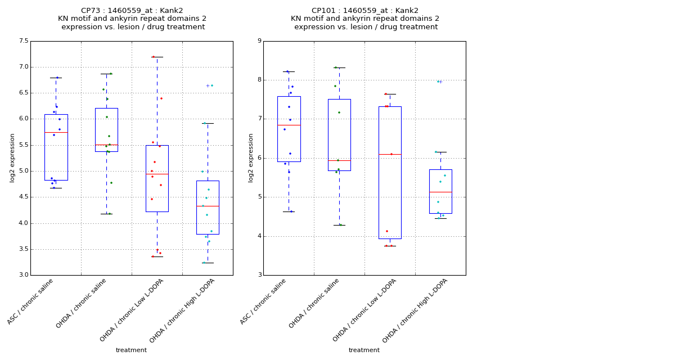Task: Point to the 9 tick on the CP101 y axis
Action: tap(259, 41)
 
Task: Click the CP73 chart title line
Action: tap(132, 11)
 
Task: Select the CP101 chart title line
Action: tap(365, 11)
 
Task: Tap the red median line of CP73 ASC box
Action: tap(56, 132)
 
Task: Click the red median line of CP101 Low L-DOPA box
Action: tap(390, 154)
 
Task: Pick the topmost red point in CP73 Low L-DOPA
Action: tap(153, 57)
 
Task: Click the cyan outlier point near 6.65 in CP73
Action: tap(212, 85)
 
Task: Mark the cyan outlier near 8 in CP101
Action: tap(438, 82)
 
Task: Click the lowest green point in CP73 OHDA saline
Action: tap(109, 214)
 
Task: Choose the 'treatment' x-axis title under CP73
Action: tap(131, 350)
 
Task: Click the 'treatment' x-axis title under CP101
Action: tap(364, 350)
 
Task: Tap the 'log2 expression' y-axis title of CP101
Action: tap(250, 157)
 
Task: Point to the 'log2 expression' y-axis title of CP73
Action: tap(12, 157)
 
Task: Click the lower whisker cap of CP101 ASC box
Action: tap(289, 211)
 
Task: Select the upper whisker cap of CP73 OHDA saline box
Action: tap(106, 74)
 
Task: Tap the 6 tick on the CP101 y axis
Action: tap(259, 158)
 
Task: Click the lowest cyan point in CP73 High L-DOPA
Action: tap(204, 263)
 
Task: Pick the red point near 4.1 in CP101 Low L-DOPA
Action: tap(386, 231)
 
